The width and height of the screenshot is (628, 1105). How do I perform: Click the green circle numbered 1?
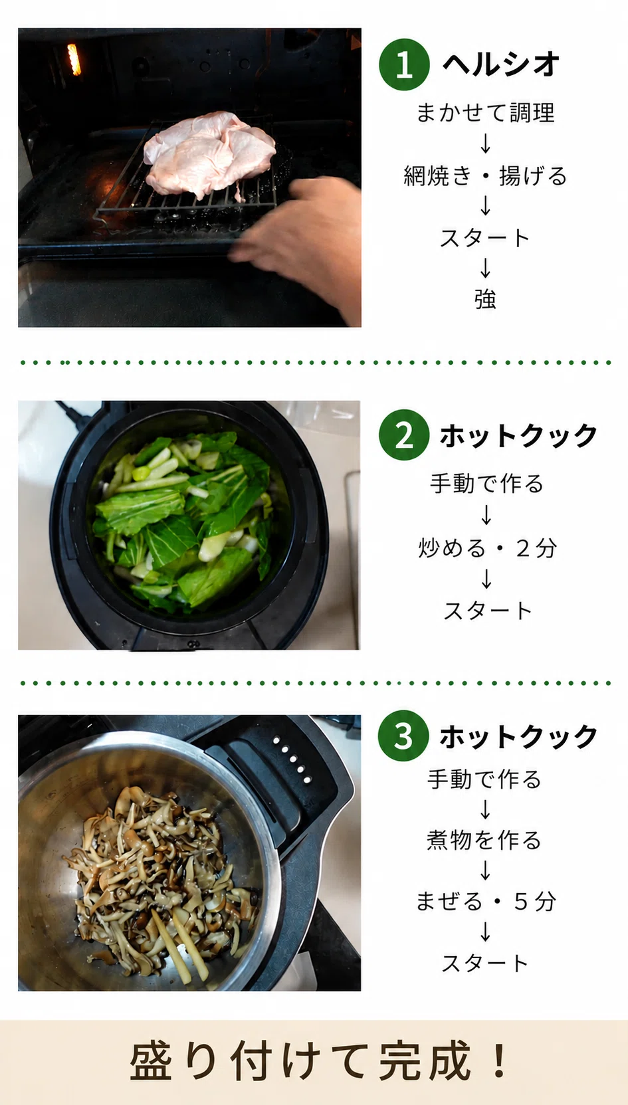coord(404,64)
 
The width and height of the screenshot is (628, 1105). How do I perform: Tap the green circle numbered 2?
coord(404,435)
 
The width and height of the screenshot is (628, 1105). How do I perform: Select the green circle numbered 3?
coord(403,736)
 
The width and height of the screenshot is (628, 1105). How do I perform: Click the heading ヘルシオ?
coord(501,64)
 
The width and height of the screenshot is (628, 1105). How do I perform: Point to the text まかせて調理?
coord(485,112)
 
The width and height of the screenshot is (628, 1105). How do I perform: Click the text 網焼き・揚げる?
coord(485,175)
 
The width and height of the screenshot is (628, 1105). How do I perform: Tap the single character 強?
coord(485,299)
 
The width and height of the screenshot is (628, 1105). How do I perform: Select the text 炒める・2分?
coord(487,548)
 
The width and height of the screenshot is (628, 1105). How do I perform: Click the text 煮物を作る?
coord(484,840)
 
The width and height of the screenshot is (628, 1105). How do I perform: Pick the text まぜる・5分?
coord(486,901)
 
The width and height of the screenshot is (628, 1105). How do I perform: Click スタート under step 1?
coord(485,238)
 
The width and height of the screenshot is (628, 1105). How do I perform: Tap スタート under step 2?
coord(487,611)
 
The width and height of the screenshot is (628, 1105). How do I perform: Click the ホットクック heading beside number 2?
coord(518,435)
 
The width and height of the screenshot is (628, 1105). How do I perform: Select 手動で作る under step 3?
coord(484,779)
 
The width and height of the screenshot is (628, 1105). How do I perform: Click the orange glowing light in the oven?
coord(73,59)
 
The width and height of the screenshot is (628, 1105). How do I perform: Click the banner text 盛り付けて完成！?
coord(319,1060)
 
